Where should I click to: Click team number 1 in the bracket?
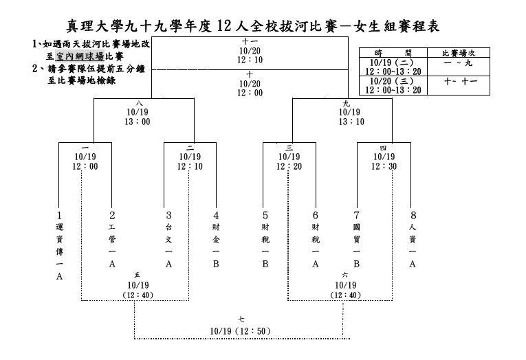pyautogui.click(x=59, y=215)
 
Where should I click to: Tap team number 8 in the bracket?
pyautogui.click(x=413, y=215)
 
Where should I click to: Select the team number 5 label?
pyautogui.click(x=265, y=215)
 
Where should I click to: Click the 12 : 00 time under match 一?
pyautogui.click(x=85, y=166)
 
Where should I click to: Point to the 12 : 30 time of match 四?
pyautogui.click(x=384, y=166)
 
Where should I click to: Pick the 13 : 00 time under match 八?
pyautogui.click(x=138, y=122)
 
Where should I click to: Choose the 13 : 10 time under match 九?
pyautogui.click(x=351, y=122)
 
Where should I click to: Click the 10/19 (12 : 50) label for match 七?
pyautogui.click(x=240, y=331)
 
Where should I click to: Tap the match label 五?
pyautogui.click(x=138, y=275)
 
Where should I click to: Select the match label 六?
pyautogui.click(x=345, y=275)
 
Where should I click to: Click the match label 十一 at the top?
pyautogui.click(x=250, y=41)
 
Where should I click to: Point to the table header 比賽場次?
pyautogui.click(x=459, y=53)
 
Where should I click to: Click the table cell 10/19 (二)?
pyautogui.click(x=392, y=63)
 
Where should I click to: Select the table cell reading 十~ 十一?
pyautogui.click(x=461, y=82)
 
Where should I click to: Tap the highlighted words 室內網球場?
pyautogui.click(x=80, y=56)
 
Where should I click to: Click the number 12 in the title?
pyautogui.click(x=224, y=26)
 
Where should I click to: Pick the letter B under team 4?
pyautogui.click(x=216, y=264)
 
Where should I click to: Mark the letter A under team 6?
pyautogui.click(x=316, y=264)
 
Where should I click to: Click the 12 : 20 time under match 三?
pyautogui.click(x=289, y=166)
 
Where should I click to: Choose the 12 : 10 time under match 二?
pyautogui.click(x=190, y=166)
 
